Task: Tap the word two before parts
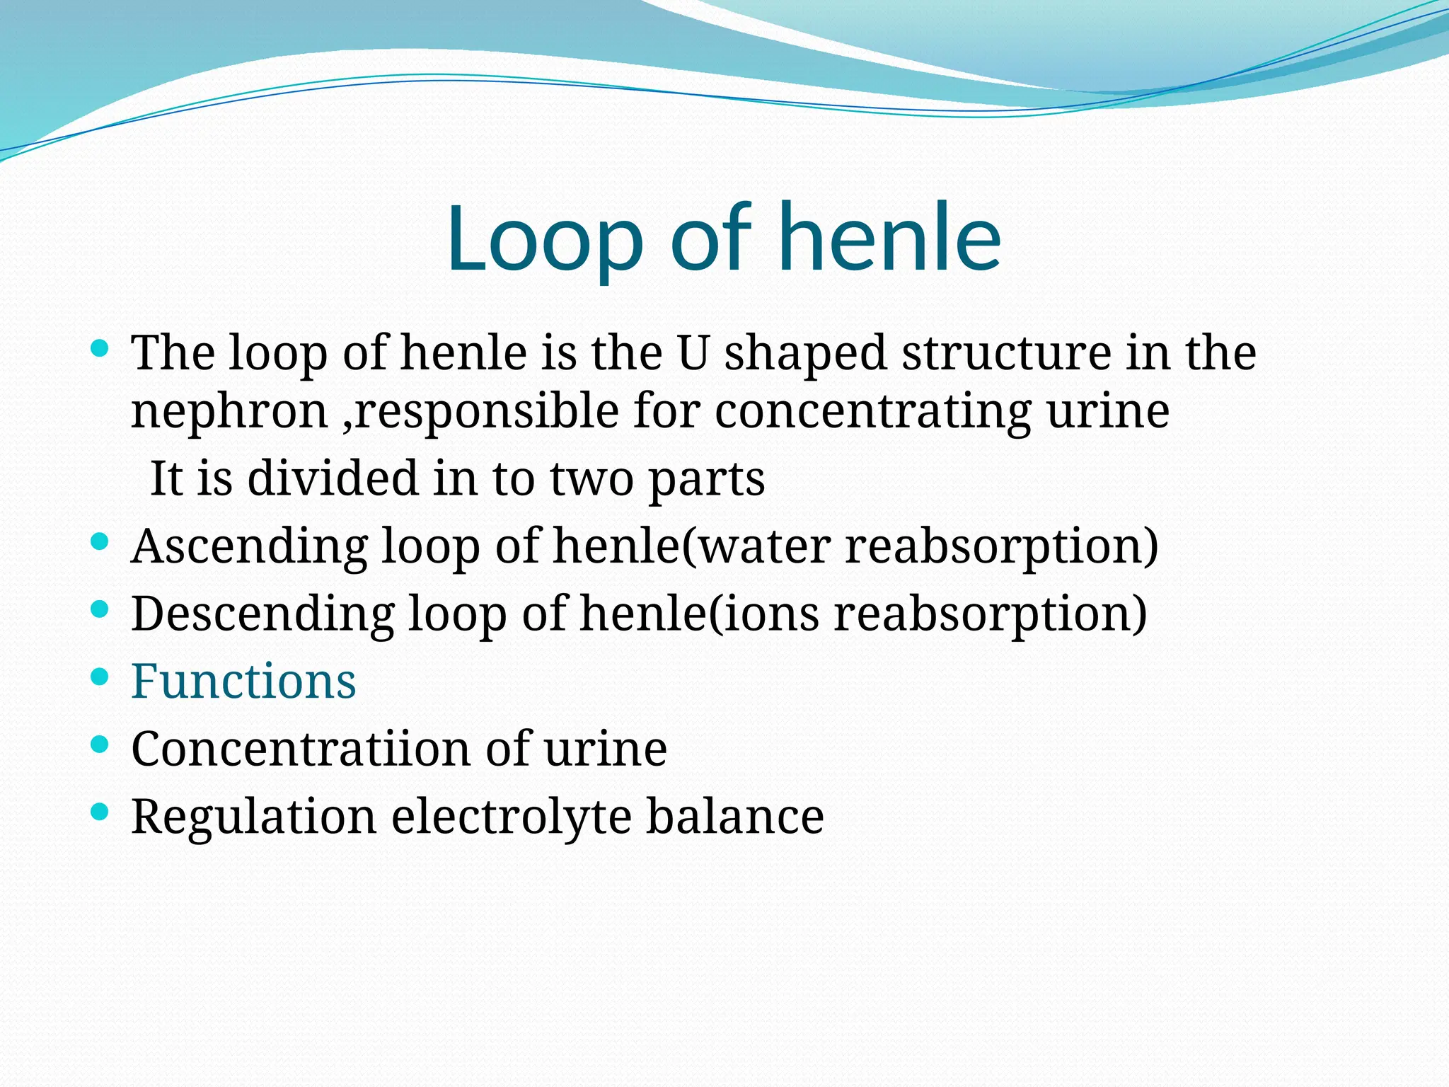point(591,480)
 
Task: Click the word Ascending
point(249,546)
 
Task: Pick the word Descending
point(262,614)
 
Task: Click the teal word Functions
point(243,681)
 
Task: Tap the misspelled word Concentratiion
point(301,749)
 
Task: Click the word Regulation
point(253,817)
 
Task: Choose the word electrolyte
point(511,817)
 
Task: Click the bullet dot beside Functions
point(100,677)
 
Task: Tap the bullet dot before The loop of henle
point(100,348)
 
